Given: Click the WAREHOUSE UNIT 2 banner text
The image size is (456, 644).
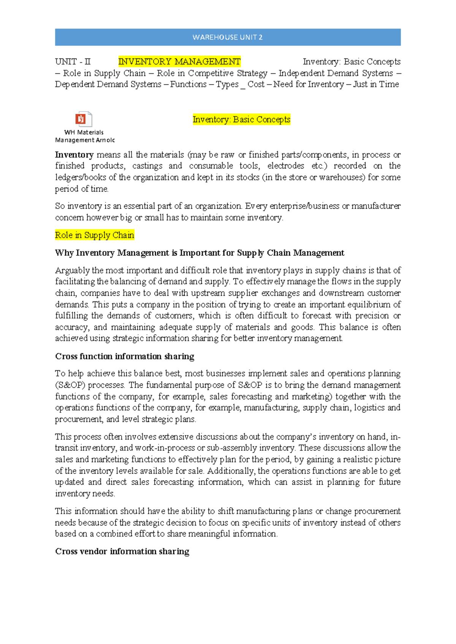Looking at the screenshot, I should click(227, 37).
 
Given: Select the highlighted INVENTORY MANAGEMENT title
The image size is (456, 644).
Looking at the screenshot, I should click(179, 62).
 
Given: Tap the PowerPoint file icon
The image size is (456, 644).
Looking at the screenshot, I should click(83, 119).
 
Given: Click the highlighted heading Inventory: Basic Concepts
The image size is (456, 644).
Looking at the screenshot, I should click(241, 119).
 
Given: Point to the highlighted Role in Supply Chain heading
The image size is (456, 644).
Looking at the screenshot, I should click(94, 235).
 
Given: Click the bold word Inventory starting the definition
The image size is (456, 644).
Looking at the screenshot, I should click(74, 155).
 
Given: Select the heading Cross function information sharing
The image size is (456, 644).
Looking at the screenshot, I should click(125, 356).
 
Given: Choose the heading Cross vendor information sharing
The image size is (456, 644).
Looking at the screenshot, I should click(122, 551).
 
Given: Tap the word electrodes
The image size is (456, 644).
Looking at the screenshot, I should click(285, 166).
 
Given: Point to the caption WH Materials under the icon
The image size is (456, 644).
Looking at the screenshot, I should click(84, 132).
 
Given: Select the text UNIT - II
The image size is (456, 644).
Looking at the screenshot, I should click(73, 62).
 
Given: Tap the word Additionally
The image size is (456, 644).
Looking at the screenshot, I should click(231, 471).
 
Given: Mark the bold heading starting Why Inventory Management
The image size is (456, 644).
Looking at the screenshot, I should click(199, 253).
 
